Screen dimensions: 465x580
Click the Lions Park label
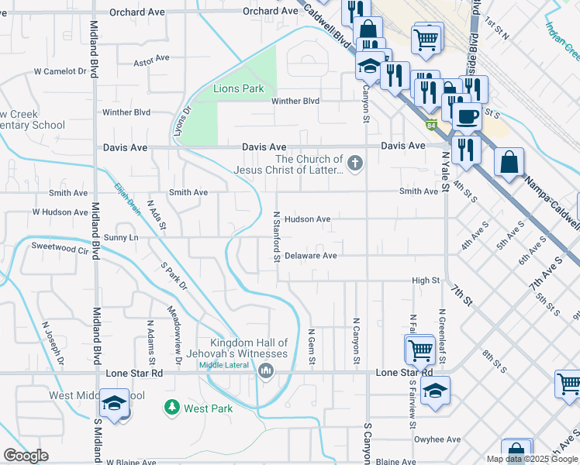239,89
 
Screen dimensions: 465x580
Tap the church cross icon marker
355,163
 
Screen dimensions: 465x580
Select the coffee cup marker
466,117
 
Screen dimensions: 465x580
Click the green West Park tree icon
170,407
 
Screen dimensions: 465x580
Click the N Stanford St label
276,236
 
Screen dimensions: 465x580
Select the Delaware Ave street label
310,256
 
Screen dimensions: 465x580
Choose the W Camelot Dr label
60,71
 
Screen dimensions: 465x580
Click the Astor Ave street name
151,60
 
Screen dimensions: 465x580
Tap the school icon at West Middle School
114,404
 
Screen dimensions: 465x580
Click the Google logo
26,456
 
